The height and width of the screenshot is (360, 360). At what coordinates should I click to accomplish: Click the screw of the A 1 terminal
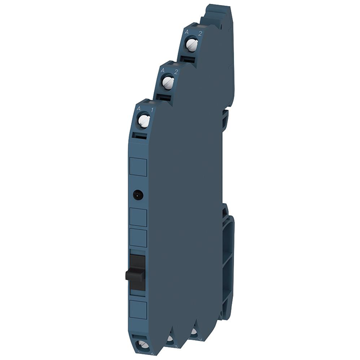click(x=144, y=120)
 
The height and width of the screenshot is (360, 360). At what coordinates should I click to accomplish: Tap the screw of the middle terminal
click(x=168, y=83)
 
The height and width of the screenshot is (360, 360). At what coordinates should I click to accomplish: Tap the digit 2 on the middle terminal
click(x=175, y=71)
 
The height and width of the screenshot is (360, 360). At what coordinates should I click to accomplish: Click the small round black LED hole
click(x=137, y=195)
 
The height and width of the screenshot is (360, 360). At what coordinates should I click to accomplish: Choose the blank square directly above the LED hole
click(x=138, y=167)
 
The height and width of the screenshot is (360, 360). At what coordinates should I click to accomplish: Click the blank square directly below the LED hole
click(x=138, y=217)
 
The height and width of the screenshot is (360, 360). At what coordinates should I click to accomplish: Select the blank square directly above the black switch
click(x=138, y=238)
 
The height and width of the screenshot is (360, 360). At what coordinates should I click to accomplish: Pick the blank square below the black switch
click(x=138, y=310)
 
